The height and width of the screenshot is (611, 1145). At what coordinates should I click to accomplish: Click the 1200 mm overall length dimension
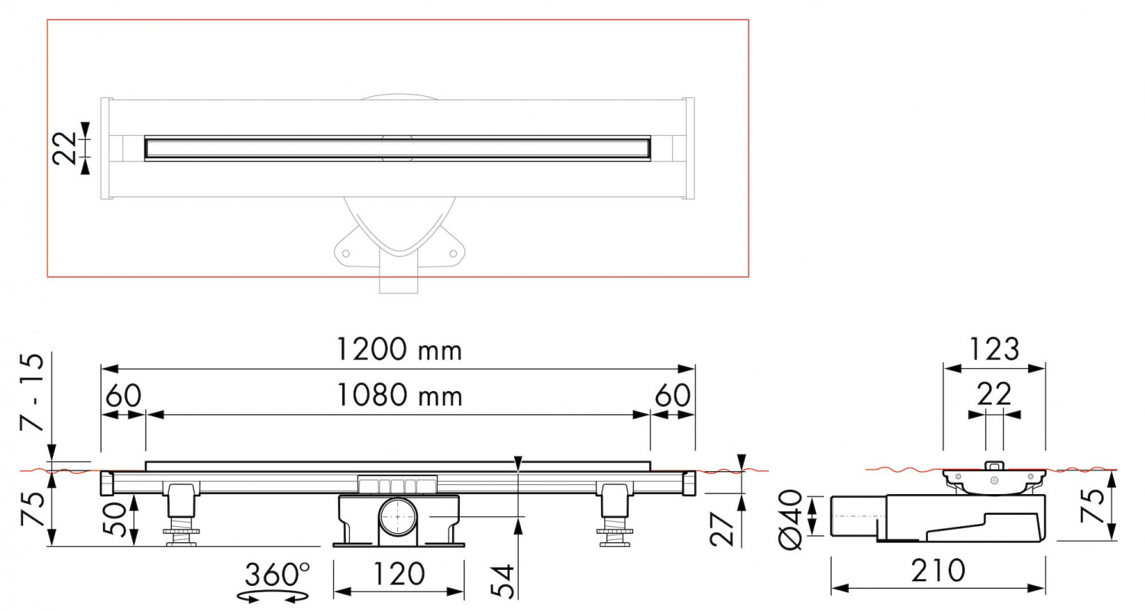pyautogui.click(x=399, y=351)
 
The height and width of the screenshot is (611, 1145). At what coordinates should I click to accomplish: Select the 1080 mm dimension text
pyautogui.click(x=399, y=395)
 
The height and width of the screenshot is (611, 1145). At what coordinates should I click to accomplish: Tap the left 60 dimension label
pyautogui.click(x=123, y=395)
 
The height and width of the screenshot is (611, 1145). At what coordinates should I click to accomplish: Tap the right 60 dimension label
pyautogui.click(x=673, y=395)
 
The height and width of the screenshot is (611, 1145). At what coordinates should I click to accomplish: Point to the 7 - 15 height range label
pyautogui.click(x=32, y=392)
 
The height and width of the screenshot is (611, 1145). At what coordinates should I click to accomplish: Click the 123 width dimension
pyautogui.click(x=995, y=350)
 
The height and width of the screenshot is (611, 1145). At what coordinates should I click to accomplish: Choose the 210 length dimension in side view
pyautogui.click(x=938, y=571)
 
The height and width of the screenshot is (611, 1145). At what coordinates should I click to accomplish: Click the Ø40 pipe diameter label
pyautogui.click(x=791, y=519)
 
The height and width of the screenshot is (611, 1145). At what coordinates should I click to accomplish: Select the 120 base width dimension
pyautogui.click(x=399, y=574)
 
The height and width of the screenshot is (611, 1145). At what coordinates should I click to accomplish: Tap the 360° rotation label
pyautogui.click(x=277, y=574)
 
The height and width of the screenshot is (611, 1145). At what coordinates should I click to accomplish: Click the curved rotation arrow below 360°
pyautogui.click(x=273, y=596)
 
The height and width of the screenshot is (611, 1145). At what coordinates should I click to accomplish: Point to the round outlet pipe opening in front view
pyautogui.click(x=398, y=516)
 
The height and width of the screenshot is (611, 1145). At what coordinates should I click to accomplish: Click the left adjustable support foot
pyautogui.click(x=181, y=514)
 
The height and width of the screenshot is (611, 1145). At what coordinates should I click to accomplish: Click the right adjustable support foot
pyautogui.click(x=614, y=514)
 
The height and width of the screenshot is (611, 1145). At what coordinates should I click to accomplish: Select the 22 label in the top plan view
pyautogui.click(x=64, y=148)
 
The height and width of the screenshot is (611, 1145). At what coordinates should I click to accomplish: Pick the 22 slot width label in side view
pyautogui.click(x=995, y=394)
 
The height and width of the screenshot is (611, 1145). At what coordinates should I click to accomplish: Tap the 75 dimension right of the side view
pyautogui.click(x=1093, y=506)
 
